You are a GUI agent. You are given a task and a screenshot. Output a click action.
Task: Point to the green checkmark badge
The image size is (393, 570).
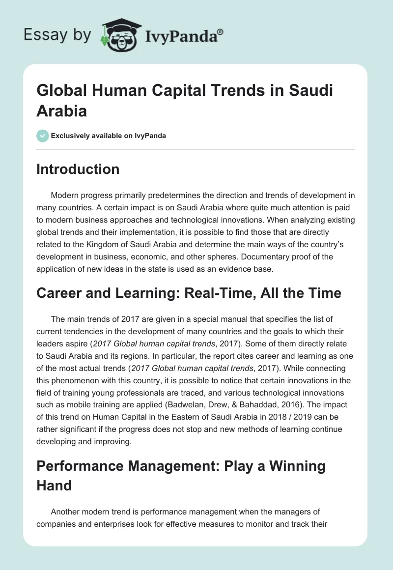coord(43,136)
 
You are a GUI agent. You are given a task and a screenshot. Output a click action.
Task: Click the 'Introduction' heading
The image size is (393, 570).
coord(78,170)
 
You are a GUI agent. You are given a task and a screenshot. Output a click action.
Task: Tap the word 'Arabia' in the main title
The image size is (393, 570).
coord(62,110)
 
